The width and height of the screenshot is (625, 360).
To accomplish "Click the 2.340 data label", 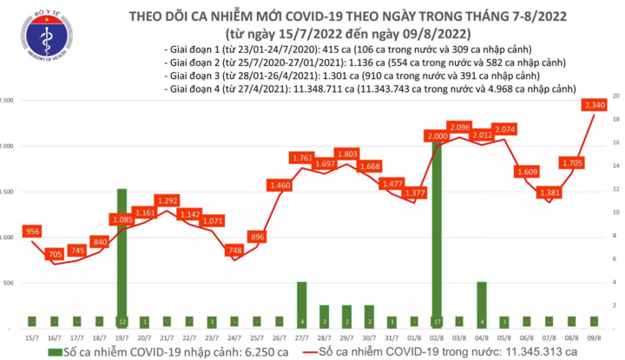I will coord(595,106).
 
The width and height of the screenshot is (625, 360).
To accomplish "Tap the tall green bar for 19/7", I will coord(122,256).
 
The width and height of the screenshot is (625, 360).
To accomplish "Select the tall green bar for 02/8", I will coord(436,230).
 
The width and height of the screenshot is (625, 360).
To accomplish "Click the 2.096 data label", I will coord(459,128).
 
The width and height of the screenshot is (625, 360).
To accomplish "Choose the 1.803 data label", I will coord(346,154).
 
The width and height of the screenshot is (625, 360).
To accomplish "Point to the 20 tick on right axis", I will coord(615,95).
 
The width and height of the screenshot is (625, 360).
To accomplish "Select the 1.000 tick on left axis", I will coord(7,237).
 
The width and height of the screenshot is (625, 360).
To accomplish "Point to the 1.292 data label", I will coord(167,200).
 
